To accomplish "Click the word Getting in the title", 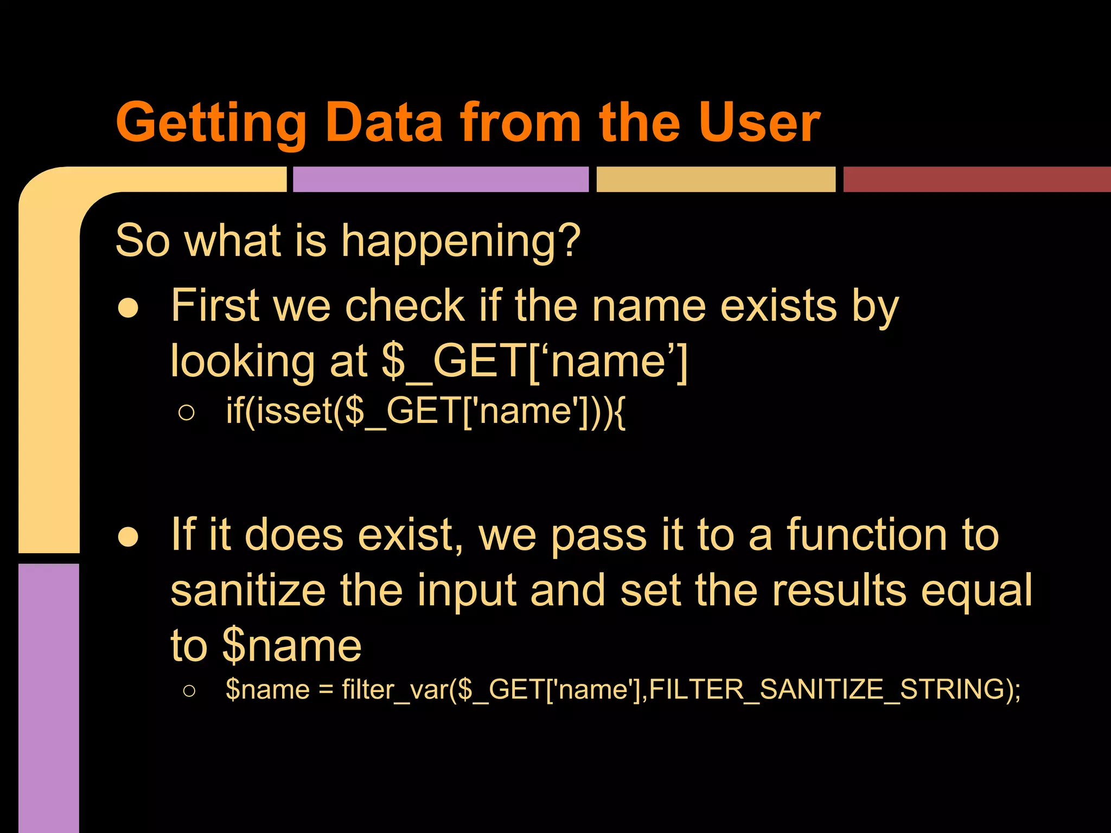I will (212, 124).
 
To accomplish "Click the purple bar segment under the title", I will (440, 180).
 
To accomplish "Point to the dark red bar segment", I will (976, 180).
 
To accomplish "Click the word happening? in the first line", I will (461, 241).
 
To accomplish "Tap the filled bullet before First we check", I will (129, 308).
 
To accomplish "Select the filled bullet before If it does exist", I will (129, 537).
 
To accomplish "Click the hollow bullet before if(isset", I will (186, 413).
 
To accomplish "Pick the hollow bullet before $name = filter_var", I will (189, 691).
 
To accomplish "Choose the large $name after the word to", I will (292, 646).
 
